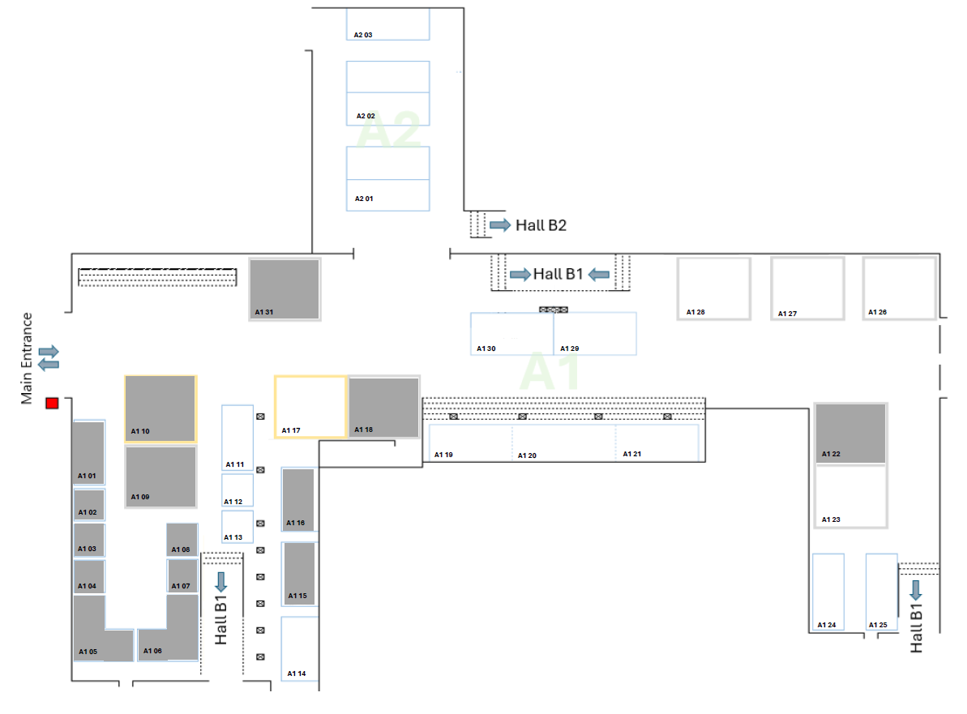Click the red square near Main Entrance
click(x=52, y=404)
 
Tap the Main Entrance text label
click(x=27, y=358)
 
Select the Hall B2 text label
click(x=541, y=225)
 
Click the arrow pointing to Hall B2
click(x=500, y=225)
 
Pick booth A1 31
click(x=285, y=289)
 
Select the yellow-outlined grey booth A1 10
click(x=160, y=409)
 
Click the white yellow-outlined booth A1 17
click(x=310, y=407)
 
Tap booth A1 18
click(x=383, y=407)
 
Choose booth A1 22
click(x=850, y=433)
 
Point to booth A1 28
click(x=713, y=289)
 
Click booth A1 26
click(x=899, y=289)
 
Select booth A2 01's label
click(x=364, y=199)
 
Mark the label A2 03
click(x=362, y=35)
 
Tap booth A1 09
click(x=160, y=477)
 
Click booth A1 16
click(x=298, y=499)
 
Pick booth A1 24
click(x=828, y=592)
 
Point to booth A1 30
click(x=511, y=334)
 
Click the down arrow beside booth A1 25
click(x=916, y=590)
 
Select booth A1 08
click(x=182, y=540)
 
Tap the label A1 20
click(x=527, y=455)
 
